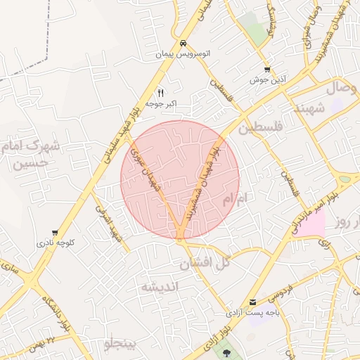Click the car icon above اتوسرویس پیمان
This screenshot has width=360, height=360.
click(x=183, y=41)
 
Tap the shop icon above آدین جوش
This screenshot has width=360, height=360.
click(x=266, y=69)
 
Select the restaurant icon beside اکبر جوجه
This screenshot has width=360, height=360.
click(x=161, y=92)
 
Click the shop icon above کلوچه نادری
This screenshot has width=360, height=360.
click(x=55, y=233)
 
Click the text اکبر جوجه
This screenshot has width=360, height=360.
click(x=161, y=104)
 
